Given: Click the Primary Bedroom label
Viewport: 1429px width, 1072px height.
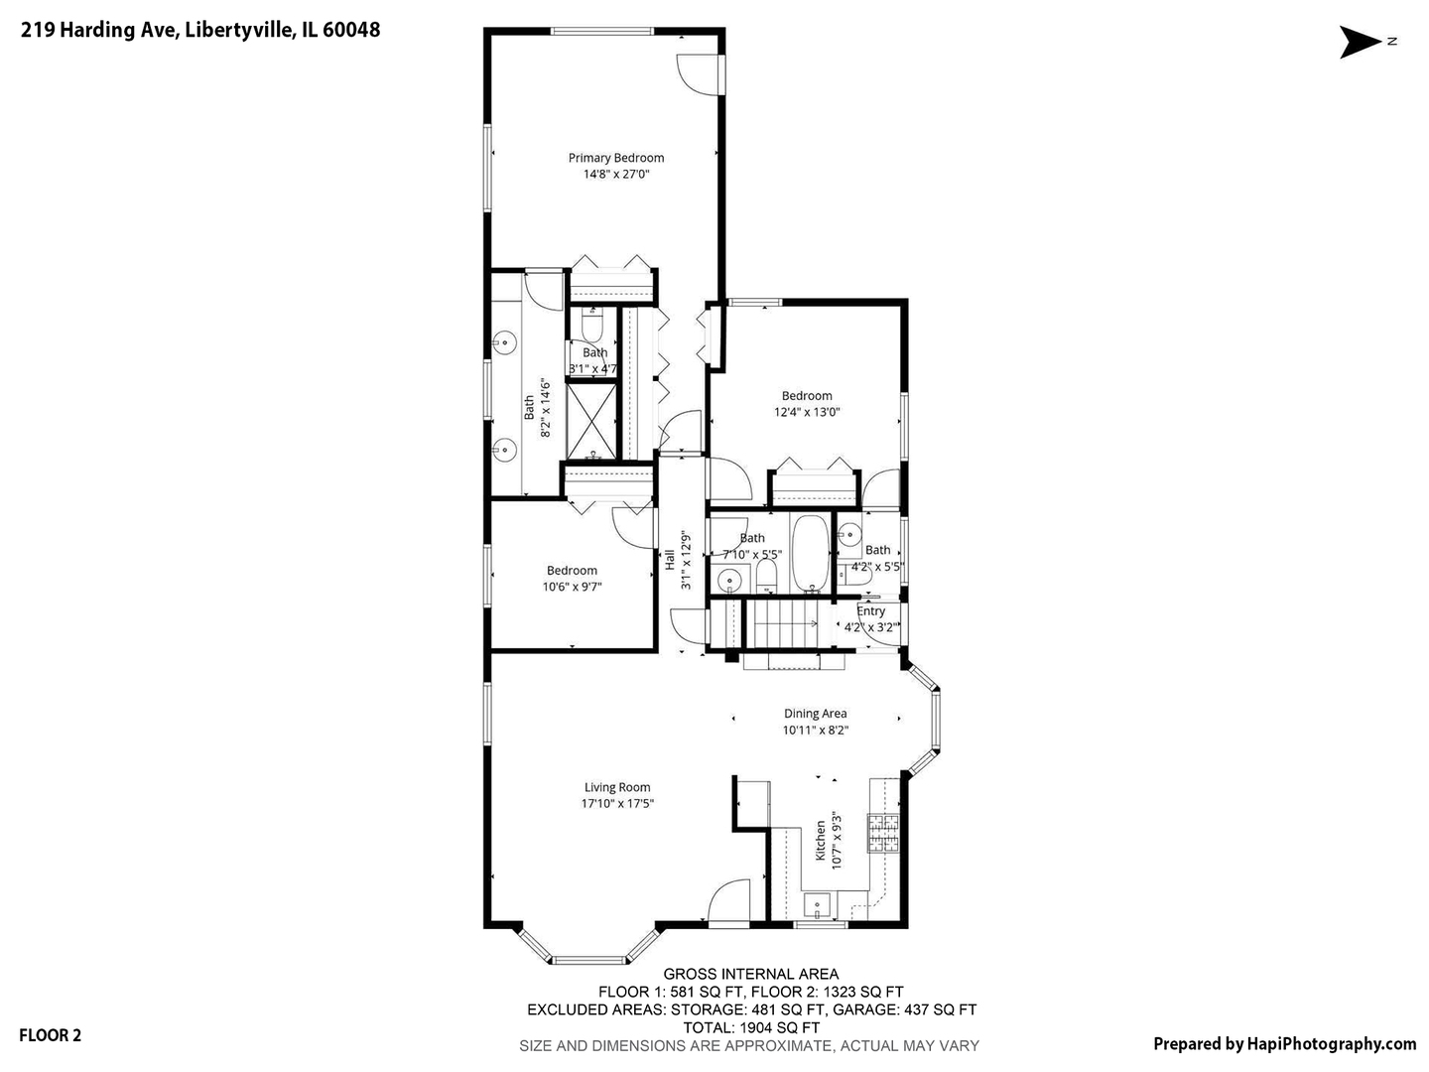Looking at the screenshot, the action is pos(616,158).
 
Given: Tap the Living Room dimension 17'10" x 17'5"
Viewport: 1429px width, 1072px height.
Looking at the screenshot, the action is pos(617,803).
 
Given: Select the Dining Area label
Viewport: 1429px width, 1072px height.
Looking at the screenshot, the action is pos(815,714).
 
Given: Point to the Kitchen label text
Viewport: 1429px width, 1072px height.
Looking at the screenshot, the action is pos(821,841).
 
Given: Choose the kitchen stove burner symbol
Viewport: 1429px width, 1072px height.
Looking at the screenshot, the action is pos(882,833).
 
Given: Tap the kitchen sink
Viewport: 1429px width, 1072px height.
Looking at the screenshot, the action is pos(817,905).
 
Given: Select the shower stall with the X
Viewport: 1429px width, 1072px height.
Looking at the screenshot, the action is pos(591,421).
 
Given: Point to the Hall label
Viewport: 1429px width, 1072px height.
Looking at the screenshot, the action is pos(669,561).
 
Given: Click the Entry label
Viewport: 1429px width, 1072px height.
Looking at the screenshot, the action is pos(870,611).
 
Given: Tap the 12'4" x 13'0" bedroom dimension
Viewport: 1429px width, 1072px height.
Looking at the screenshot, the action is pos(807,412).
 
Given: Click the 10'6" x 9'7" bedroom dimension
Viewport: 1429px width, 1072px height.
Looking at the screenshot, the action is pos(572,587).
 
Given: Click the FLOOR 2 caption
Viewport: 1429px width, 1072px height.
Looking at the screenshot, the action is pos(51,1035).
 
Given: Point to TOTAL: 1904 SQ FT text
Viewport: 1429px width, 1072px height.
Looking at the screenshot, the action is pos(750,1028).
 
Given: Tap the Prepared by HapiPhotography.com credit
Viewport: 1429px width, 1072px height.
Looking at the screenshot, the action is pos(1284,1044).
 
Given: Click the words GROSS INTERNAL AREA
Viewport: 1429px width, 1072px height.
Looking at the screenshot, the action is pos(750,975).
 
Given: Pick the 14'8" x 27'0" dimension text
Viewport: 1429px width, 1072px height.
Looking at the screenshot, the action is pos(616,174).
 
